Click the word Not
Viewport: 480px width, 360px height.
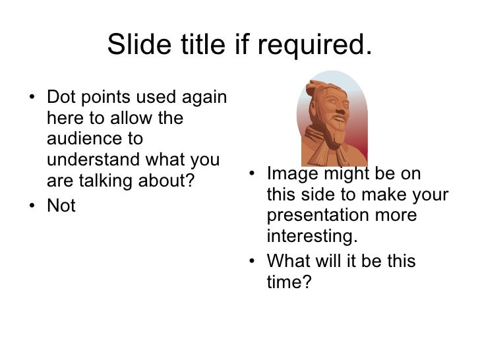coord(61,206)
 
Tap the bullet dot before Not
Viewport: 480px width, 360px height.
coord(34,206)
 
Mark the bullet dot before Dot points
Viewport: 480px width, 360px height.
coord(34,100)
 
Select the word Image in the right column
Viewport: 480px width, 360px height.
coord(292,174)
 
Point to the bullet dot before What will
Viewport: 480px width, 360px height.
coord(253,262)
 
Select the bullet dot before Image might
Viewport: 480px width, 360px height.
coord(253,175)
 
